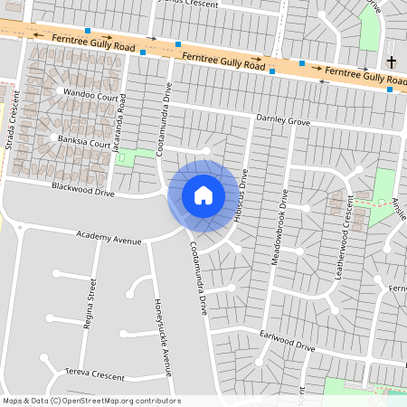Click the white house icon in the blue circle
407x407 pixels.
coord(203,194)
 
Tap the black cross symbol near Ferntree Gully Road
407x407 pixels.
coord(391,62)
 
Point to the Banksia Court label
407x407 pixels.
coord(83,143)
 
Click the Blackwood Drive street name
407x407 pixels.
coord(83,192)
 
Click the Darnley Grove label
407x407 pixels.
coord(283,119)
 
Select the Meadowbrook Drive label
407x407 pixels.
coord(281,226)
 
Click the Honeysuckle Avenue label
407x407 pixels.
coord(162,326)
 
